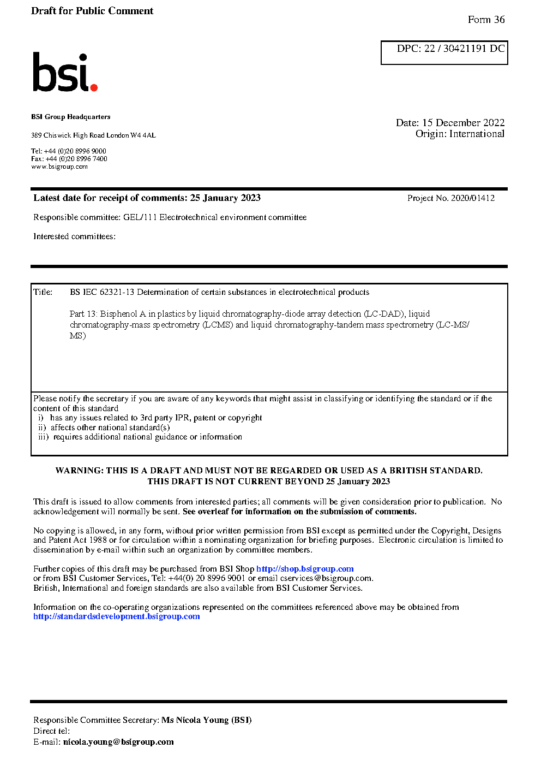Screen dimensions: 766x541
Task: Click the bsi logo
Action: click(64, 72)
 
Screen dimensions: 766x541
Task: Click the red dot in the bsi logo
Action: click(94, 87)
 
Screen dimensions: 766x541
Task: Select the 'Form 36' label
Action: click(486, 20)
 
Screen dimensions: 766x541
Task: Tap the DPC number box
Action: click(444, 52)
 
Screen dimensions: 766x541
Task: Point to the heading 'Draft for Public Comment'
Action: click(92, 11)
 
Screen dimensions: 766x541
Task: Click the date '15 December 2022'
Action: click(463, 123)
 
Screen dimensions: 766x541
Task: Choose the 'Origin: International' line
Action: click(460, 134)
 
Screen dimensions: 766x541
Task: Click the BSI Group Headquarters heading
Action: click(70, 117)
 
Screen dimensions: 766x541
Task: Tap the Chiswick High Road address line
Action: click(93, 135)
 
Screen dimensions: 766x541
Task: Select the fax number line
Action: click(69, 159)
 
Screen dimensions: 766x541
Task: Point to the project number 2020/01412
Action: click(472, 198)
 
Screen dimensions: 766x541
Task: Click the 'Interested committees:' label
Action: click(74, 236)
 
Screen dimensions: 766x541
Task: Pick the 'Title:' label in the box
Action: click(43, 292)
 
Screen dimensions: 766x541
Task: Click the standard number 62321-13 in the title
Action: click(117, 292)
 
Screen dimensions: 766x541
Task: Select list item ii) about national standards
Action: click(104, 427)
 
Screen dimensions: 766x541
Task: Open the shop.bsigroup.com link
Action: click(305, 569)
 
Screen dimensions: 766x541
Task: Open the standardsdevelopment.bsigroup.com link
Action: click(116, 616)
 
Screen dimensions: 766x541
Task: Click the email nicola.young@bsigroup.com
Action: click(118, 742)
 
